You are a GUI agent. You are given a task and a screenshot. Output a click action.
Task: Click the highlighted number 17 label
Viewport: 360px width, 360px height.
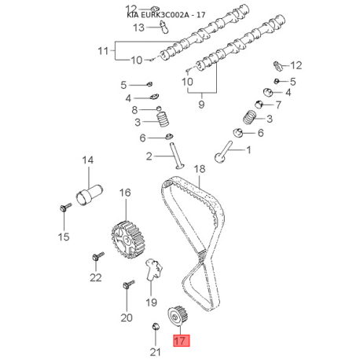click(x=181, y=340)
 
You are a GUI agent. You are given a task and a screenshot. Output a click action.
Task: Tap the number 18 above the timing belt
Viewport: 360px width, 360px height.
click(x=200, y=169)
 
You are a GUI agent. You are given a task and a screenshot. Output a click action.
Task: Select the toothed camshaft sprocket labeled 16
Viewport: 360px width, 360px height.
click(x=128, y=240)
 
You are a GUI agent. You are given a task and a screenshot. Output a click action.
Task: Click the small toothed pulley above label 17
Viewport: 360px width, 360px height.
click(x=178, y=316)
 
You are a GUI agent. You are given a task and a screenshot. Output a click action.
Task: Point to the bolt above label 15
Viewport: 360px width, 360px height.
click(x=65, y=207)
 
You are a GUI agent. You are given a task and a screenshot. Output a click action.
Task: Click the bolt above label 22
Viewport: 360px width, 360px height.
click(x=98, y=256)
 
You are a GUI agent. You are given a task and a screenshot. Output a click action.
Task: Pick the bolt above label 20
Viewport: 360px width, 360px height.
click(x=128, y=284)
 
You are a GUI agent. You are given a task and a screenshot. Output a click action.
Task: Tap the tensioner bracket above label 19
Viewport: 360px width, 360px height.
click(x=153, y=270)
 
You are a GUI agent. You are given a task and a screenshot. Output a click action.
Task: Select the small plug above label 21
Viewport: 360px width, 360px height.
click(x=156, y=326)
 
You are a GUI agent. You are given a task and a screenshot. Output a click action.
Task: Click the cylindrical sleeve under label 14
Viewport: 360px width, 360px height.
click(x=90, y=195)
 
